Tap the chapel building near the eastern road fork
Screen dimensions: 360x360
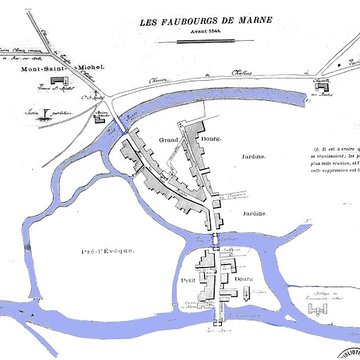[323, 87]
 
